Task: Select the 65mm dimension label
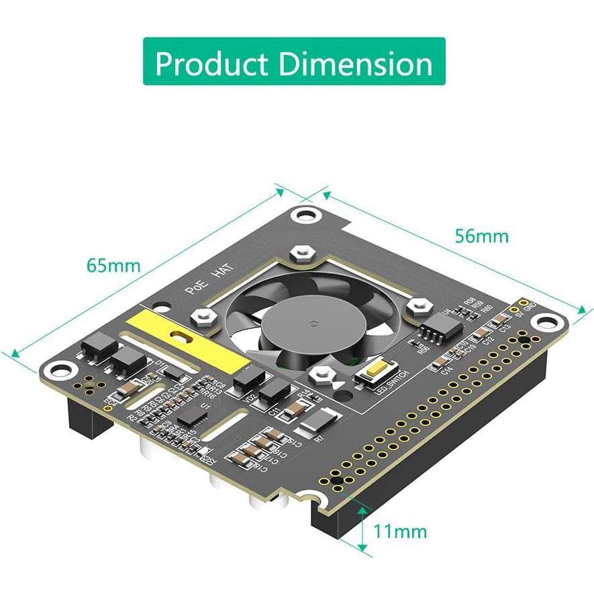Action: pos(113,265)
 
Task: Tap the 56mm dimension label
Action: pos(481,236)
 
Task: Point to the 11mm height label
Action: pos(400,532)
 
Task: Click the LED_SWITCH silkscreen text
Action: pos(379,391)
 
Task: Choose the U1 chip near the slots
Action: pos(192,417)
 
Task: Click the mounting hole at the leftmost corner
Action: pos(65,368)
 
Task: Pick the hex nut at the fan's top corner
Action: pos(299,254)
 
